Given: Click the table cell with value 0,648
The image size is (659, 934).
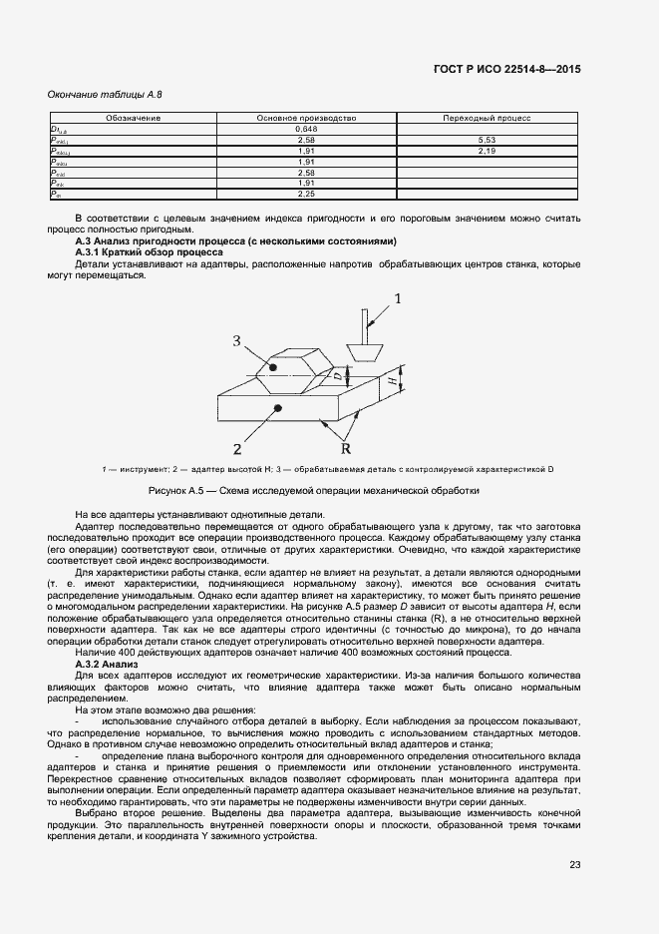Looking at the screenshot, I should point(307,130).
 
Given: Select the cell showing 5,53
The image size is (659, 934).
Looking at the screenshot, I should point(487,141).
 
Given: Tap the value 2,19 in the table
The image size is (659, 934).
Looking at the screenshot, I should point(487,151).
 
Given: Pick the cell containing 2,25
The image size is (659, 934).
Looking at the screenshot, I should point(307,195).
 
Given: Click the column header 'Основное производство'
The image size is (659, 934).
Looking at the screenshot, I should point(307,119).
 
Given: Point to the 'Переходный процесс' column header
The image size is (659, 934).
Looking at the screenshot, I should point(487,119).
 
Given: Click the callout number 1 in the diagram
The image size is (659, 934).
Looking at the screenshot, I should point(398,298).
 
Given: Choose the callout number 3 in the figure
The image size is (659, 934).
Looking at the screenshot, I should point(237,341).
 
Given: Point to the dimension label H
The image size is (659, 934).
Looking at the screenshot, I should point(393,381).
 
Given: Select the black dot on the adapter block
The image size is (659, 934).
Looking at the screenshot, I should point(280,408).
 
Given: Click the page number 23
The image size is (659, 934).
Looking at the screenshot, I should point(575,864).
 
